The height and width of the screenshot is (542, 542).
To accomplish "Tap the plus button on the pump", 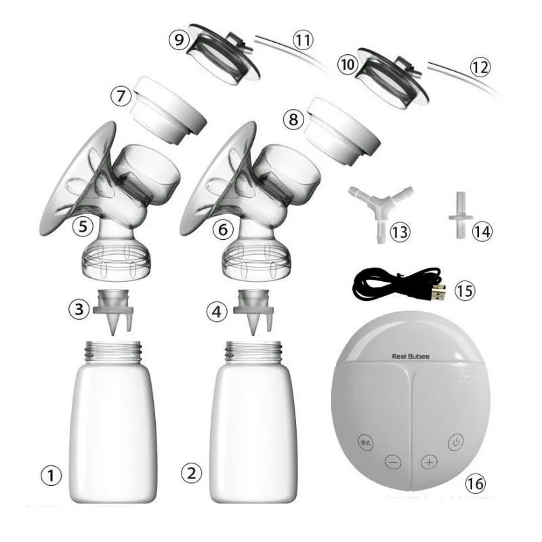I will [429, 463].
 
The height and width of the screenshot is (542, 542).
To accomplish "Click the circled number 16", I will [477, 483].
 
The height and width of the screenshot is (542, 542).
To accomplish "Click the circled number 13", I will [400, 232].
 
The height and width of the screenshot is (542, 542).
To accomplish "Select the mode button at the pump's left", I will [365, 439].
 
